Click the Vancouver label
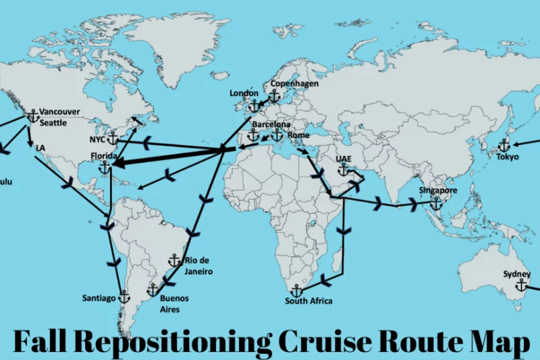(x=59, y=111)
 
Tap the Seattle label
(x=53, y=123)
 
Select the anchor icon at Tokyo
(x=504, y=145)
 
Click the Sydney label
(x=516, y=274)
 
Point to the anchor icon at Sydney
(x=521, y=286)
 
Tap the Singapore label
(x=438, y=191)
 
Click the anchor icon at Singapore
(x=436, y=203)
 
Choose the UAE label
(x=344, y=159)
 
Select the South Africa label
(x=308, y=301)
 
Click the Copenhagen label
(x=294, y=84)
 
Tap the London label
(x=244, y=93)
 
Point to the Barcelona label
(x=271, y=125)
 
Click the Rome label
(x=298, y=135)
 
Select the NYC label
(x=97, y=140)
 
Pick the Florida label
(x=104, y=156)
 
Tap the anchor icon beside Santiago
(x=124, y=297)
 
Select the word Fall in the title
(x=41, y=342)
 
